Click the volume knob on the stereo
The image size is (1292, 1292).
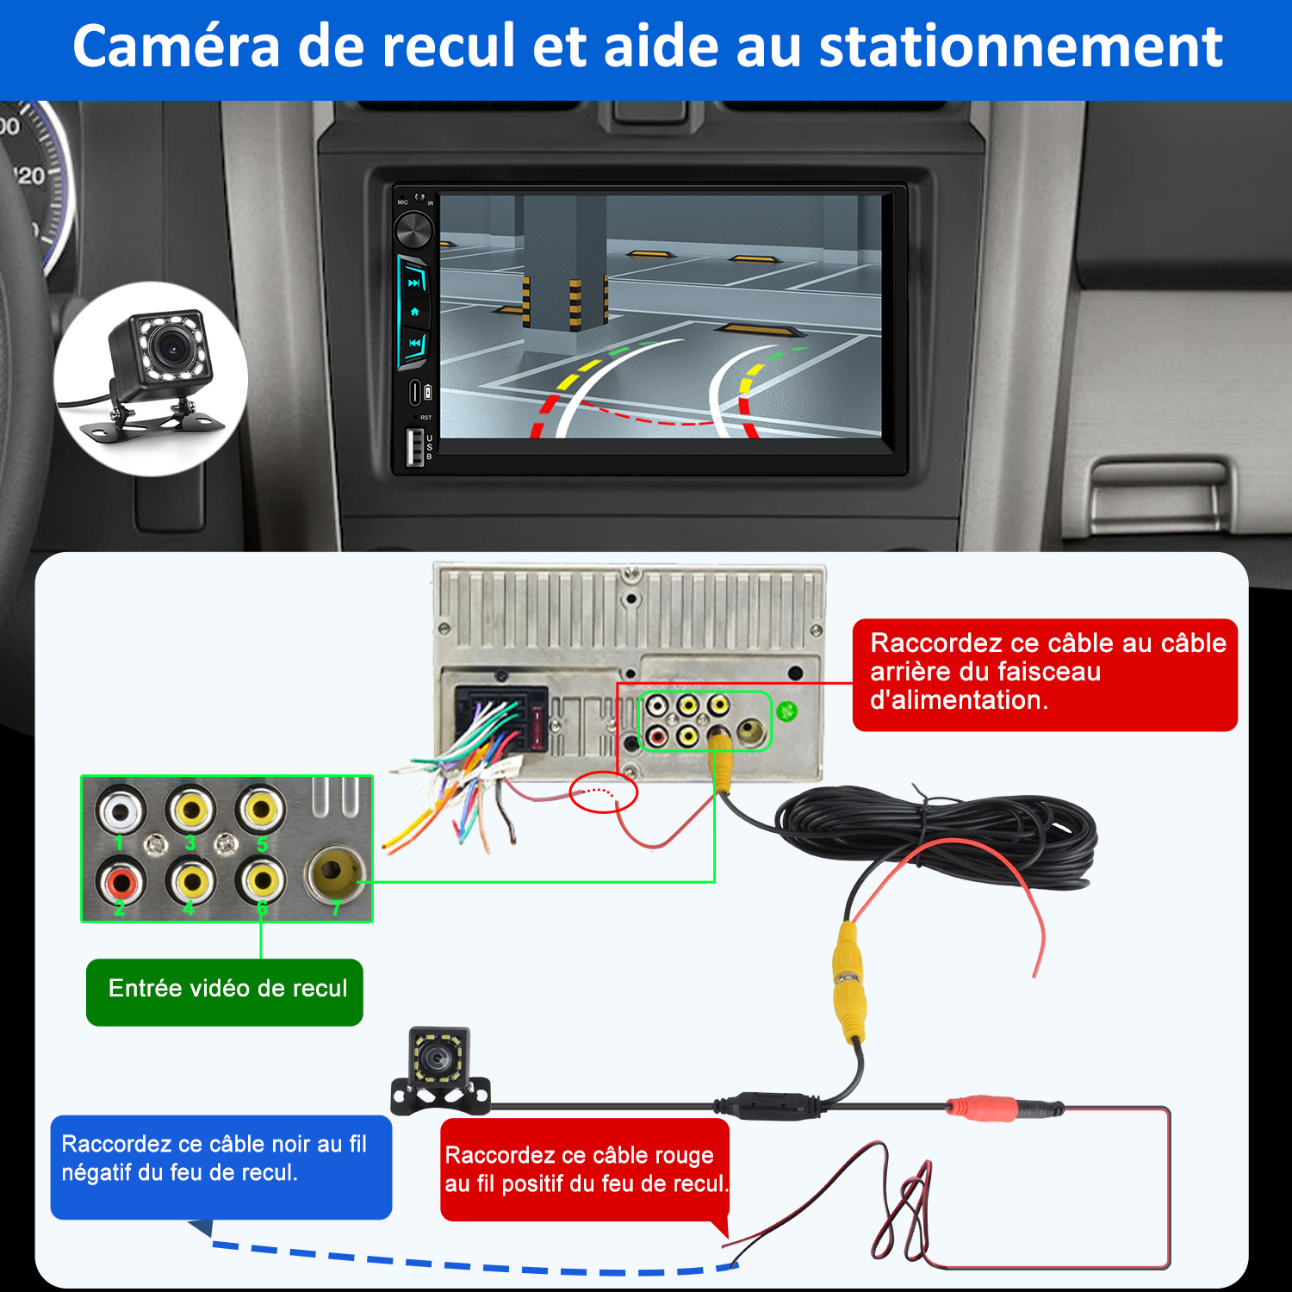click(x=413, y=231)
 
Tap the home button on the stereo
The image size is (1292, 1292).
click(x=414, y=312)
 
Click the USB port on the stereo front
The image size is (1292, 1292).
click(x=414, y=446)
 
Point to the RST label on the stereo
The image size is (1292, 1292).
click(x=425, y=418)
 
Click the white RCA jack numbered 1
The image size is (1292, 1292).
click(x=121, y=810)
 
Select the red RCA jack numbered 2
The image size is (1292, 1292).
click(x=121, y=880)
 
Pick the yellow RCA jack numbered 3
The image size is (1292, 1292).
click(x=191, y=810)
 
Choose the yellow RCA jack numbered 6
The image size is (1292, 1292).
click(x=261, y=880)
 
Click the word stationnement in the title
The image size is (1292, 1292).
click(x=1021, y=47)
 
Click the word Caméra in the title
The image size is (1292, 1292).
click(x=176, y=47)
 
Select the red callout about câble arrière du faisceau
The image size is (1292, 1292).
click(x=1045, y=674)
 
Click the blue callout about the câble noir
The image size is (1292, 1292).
click(x=221, y=1167)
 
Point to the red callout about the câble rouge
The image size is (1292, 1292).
click(x=585, y=1170)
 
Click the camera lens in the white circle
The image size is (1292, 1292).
click(x=172, y=349)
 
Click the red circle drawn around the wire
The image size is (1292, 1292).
click(x=604, y=792)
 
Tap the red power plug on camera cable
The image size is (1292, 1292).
click(x=982, y=1108)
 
